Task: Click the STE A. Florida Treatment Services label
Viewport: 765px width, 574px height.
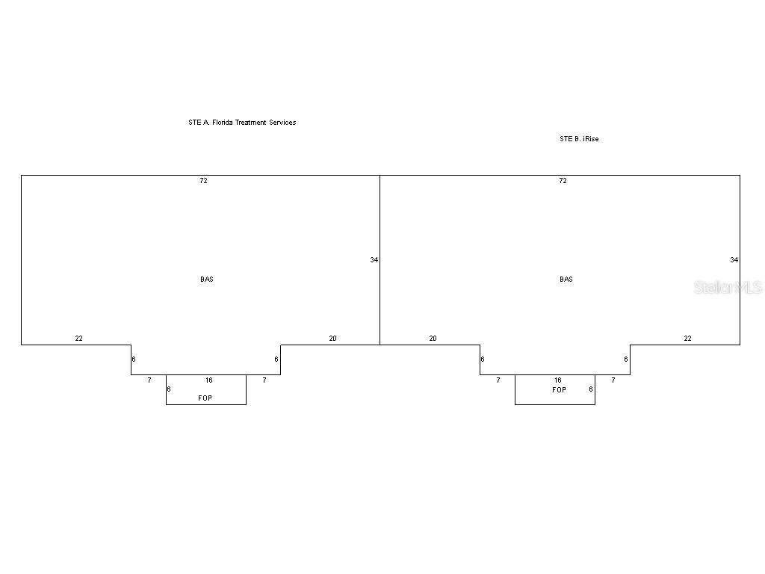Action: point(242,123)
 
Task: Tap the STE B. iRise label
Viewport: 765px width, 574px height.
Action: point(579,139)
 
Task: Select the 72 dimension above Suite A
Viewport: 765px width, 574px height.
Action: point(203,181)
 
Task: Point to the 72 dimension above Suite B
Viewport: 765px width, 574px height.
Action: point(563,181)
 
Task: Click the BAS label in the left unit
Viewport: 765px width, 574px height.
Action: point(207,280)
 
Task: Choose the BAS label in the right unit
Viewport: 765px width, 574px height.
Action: point(566,280)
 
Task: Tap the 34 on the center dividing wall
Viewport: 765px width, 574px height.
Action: point(374,260)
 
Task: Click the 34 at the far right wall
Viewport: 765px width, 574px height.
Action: point(734,260)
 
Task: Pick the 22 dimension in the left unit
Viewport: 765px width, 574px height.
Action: point(78,339)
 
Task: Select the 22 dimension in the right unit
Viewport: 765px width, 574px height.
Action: point(687,339)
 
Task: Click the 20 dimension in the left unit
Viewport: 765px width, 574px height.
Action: point(332,339)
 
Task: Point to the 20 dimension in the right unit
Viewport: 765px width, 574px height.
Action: point(433,339)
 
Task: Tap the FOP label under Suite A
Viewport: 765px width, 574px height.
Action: point(205,398)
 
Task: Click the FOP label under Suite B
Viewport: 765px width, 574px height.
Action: point(559,390)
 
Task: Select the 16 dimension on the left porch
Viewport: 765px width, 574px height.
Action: point(209,380)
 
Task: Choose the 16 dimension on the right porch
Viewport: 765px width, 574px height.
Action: point(557,380)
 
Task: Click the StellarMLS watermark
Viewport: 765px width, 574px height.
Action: point(728,288)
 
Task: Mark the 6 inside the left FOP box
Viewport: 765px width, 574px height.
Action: point(169,389)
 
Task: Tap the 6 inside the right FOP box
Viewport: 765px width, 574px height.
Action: point(590,389)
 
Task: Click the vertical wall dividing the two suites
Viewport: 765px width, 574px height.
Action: point(380,224)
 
